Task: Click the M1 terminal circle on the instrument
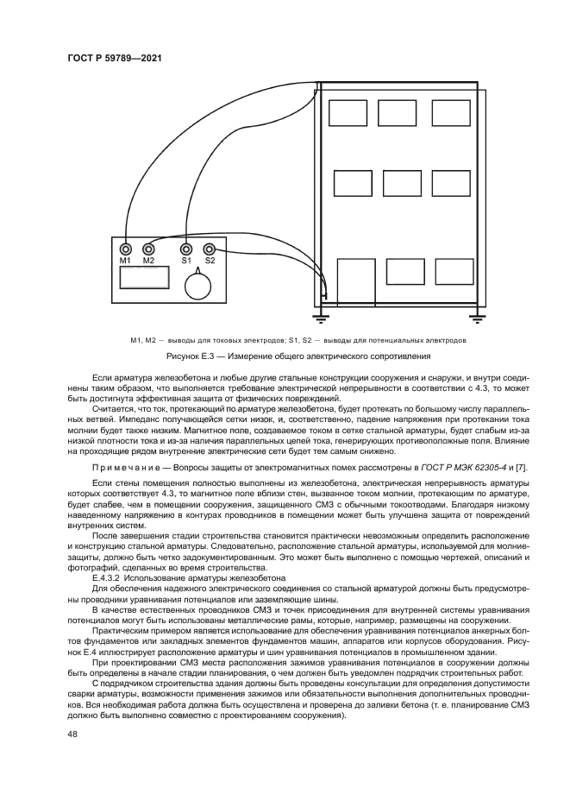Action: [126, 249]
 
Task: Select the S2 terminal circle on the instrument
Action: [208, 249]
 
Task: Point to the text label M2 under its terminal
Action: [148, 261]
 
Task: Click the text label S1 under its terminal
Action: [185, 261]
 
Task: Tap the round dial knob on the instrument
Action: [199, 284]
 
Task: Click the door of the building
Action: [355, 281]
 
